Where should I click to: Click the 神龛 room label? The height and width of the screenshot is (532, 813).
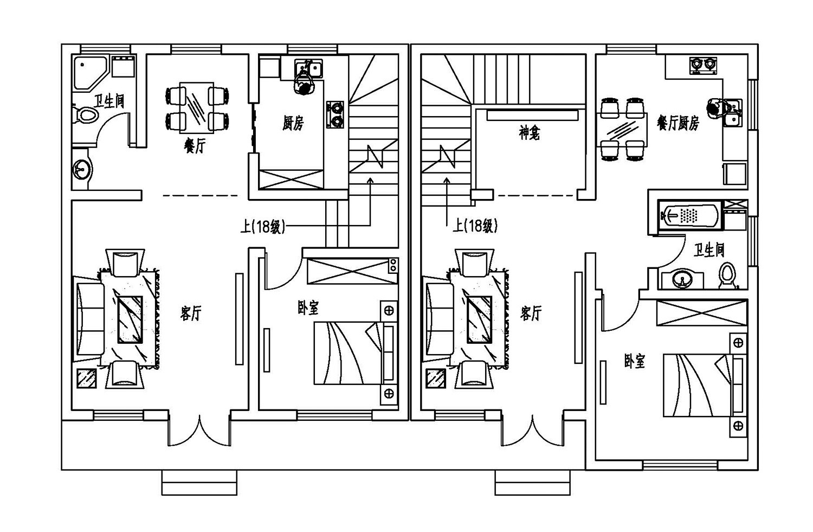529,133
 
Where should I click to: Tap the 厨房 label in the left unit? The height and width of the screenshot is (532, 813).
293,124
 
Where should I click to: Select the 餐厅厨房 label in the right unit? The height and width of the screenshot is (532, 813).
677,123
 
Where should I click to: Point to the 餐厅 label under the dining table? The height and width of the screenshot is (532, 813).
195,145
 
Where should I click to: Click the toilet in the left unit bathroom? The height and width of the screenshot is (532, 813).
85,116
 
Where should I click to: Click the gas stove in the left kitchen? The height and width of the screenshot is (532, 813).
335,114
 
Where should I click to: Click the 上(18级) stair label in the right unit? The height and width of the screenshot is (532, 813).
475,226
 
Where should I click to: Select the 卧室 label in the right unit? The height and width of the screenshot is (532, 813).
634,361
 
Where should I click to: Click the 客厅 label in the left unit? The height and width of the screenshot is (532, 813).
191,313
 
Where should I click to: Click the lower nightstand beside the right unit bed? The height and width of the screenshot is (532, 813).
738,426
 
